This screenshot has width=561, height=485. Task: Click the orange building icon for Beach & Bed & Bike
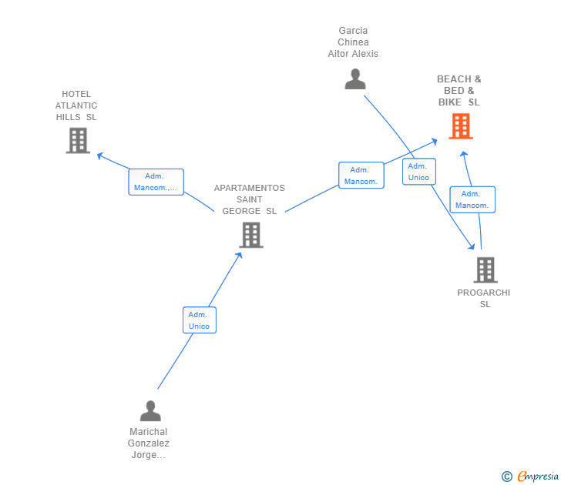click(x=461, y=126)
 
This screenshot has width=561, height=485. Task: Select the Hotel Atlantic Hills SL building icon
click(x=78, y=140)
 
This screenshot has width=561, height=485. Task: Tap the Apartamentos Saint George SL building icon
click(x=251, y=235)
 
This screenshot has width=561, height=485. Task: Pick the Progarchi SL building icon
click(x=485, y=270)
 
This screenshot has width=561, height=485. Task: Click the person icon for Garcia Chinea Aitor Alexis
click(x=355, y=79)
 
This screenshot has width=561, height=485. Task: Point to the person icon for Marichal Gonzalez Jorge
click(x=150, y=410)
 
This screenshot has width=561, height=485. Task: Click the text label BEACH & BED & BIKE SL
click(x=459, y=91)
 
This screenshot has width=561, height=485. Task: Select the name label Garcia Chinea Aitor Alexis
click(x=353, y=42)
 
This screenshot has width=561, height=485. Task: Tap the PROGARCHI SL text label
click(x=484, y=299)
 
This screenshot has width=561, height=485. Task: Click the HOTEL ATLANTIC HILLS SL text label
click(x=76, y=105)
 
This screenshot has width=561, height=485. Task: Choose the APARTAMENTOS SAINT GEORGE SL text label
click(x=250, y=199)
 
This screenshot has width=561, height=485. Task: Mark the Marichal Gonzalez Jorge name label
click(x=149, y=443)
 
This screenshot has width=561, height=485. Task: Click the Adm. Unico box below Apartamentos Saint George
click(x=200, y=320)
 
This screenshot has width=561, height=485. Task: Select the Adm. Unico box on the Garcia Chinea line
click(x=419, y=172)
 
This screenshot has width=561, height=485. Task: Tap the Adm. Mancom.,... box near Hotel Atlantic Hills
click(x=156, y=182)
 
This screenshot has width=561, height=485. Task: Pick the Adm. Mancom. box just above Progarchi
click(x=472, y=199)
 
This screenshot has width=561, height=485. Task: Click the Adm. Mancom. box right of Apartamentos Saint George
click(x=361, y=176)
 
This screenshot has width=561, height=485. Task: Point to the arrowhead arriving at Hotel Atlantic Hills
click(x=100, y=156)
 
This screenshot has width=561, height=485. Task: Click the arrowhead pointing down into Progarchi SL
click(x=472, y=246)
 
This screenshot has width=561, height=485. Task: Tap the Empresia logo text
click(x=538, y=476)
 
